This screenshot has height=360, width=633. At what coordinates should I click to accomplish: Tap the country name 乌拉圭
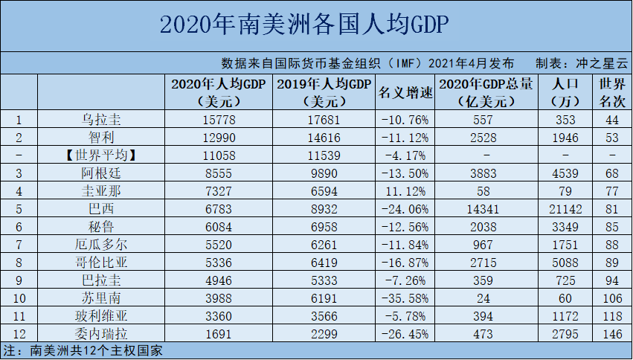pyautogui.click(x=100, y=119)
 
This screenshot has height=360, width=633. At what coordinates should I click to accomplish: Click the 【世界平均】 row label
pyautogui.click(x=100, y=155)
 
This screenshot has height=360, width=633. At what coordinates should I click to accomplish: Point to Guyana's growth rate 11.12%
pyautogui.click(x=405, y=190)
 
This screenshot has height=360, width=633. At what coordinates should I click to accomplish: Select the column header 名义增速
pyautogui.click(x=405, y=92)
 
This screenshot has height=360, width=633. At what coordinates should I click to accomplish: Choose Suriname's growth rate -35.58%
pyautogui.click(x=405, y=298)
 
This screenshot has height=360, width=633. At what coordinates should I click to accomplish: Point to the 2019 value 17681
pyautogui.click(x=324, y=119)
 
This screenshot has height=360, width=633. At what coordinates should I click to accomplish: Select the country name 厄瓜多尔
pyautogui.click(x=100, y=244)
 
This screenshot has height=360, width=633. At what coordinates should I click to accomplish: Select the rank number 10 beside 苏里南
pyautogui.click(x=19, y=298)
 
